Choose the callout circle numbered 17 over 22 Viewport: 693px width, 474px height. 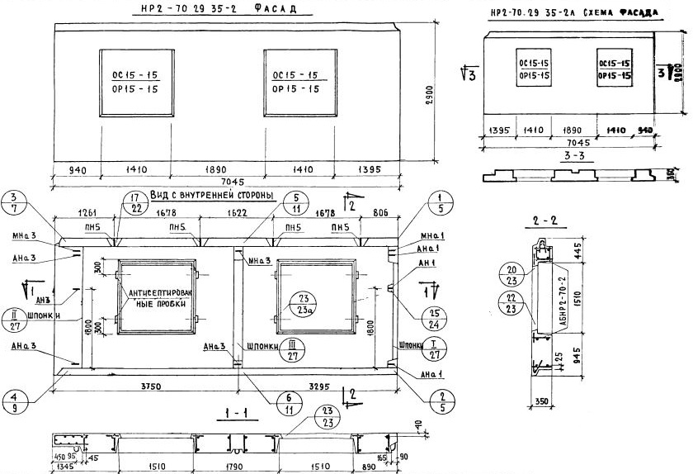134,203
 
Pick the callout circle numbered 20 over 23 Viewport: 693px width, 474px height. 512,273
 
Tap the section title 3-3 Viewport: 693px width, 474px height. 574,155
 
